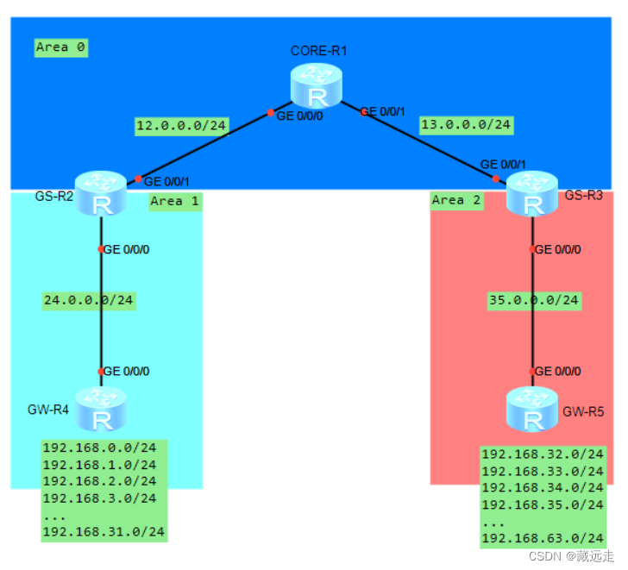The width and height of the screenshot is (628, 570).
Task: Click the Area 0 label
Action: point(61,47)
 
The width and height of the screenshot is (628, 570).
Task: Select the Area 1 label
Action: point(174,201)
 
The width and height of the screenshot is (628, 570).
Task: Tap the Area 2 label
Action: point(457,200)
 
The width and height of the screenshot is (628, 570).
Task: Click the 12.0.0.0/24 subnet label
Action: point(181,126)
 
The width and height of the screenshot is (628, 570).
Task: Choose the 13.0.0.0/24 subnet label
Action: point(466,125)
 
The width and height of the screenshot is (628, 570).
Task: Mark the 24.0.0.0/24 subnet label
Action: point(90,300)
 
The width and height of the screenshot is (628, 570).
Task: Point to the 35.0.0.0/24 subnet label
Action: point(533,300)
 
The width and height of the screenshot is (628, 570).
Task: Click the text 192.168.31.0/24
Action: point(104,532)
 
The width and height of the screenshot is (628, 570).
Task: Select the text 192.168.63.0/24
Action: point(543,539)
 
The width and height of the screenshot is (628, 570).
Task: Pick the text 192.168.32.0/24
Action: point(543,454)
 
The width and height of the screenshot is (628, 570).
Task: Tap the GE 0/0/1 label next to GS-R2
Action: point(166,181)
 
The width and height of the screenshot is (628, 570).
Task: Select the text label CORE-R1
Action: point(318,51)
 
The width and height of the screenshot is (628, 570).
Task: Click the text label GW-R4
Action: point(48,408)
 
